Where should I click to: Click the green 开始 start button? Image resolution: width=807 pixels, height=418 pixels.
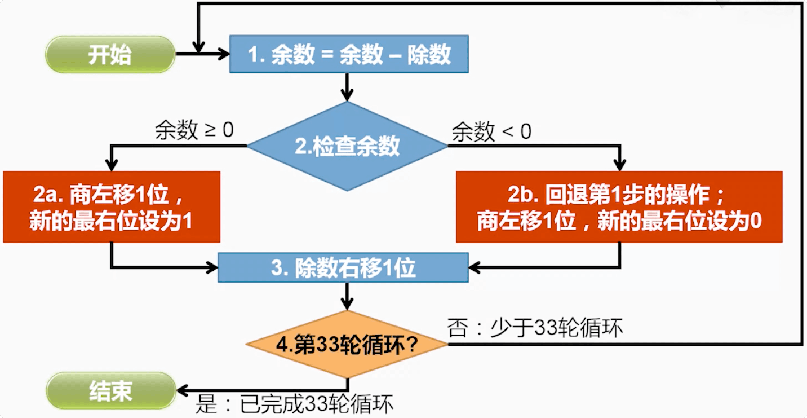coord(110,55)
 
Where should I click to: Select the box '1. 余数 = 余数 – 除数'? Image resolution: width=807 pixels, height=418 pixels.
coord(349,55)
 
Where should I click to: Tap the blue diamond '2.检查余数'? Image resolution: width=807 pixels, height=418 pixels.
coord(347,146)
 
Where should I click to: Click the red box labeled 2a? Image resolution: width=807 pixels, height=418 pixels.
coord(111,207)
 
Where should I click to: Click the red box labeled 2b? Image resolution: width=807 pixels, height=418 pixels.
coord(619,207)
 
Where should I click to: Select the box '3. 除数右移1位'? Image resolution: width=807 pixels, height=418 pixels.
coord(343,267)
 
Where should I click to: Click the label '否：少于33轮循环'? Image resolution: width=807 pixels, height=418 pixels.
coord(535,328)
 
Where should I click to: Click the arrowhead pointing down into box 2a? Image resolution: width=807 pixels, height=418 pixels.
coord(112,165)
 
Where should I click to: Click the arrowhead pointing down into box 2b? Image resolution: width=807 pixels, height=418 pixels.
coord(619,165)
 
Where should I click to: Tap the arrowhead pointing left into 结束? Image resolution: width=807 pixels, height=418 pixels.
coord(184,390)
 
